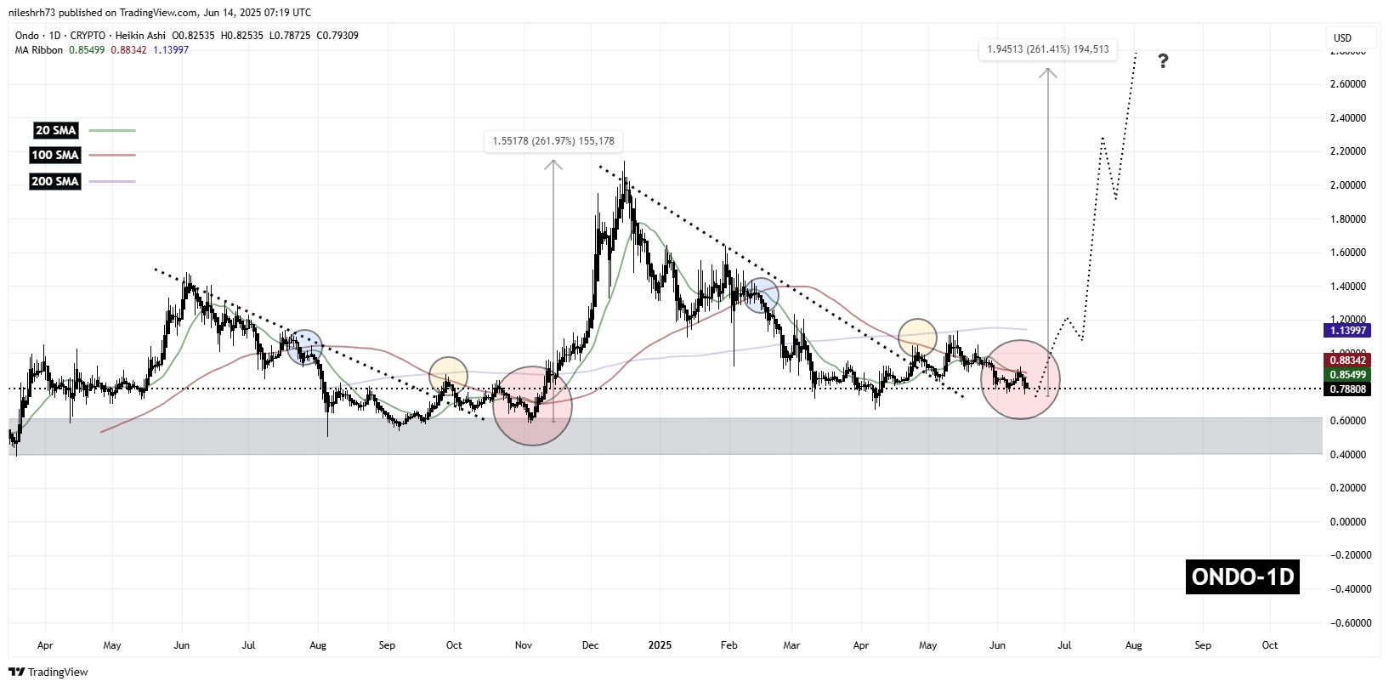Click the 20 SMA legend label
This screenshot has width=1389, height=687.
pos(55,130)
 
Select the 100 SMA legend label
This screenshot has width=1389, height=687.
pos(55,155)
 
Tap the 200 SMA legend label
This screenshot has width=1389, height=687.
pos(55,181)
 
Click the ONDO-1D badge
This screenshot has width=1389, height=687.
pos(1242,576)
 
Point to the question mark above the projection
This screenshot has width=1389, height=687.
pos(1163,61)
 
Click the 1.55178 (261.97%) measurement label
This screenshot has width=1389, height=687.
pos(553,141)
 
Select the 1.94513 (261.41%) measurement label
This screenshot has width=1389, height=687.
pos(1047,49)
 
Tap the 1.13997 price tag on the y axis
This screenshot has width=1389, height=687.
pos(1347,331)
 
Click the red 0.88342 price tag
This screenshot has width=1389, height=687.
pos(1347,361)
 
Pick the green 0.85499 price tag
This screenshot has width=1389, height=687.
pos(1347,375)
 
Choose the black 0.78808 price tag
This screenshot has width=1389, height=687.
pos(1347,389)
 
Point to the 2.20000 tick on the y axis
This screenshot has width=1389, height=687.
pos(1347,151)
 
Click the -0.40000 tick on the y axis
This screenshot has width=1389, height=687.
pos(1347,589)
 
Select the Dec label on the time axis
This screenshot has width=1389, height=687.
pos(590,645)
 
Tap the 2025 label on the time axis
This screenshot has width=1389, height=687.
pos(660,645)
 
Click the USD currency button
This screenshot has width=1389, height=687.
pos(1343,37)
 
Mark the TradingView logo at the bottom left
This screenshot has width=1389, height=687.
pos(48,672)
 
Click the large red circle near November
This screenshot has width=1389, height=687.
pos(532,406)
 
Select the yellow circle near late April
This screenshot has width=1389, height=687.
pos(917,338)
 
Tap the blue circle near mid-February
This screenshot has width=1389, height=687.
pos(762,295)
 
